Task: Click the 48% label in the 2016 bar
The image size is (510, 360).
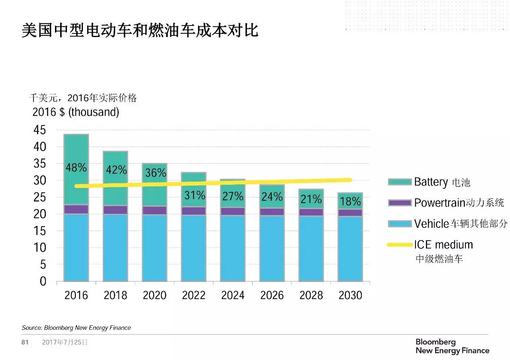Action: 76,168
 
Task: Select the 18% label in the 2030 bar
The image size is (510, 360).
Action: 351,201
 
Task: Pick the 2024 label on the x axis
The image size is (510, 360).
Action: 233,295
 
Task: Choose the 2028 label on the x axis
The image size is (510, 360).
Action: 311,295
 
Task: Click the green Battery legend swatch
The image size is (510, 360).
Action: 400,182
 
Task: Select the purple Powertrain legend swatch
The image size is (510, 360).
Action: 400,203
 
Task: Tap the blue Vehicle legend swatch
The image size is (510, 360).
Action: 400,224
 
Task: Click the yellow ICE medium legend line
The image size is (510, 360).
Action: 400,245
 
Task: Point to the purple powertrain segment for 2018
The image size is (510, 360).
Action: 115,210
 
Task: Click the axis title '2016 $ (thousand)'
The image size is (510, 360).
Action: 76,112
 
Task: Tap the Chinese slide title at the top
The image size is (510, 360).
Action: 140,31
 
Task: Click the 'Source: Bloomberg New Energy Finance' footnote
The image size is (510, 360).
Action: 76,328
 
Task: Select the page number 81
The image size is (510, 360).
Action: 25,342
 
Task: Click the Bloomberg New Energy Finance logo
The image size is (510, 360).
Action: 452,346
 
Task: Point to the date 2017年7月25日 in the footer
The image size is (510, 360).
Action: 65,342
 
